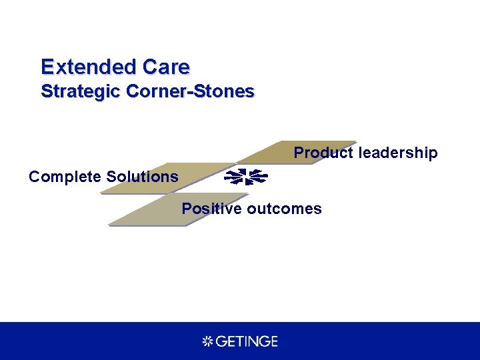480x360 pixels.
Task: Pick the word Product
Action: [x=323, y=153]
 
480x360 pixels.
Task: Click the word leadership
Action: [x=398, y=153]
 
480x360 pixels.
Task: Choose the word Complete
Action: [x=65, y=177]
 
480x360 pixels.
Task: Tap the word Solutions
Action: [x=143, y=177]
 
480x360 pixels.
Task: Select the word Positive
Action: [x=211, y=209]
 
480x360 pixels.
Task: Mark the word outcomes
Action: [x=284, y=209]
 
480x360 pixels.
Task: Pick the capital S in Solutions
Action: [x=111, y=177]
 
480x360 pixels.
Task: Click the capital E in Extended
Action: [x=47, y=67]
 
